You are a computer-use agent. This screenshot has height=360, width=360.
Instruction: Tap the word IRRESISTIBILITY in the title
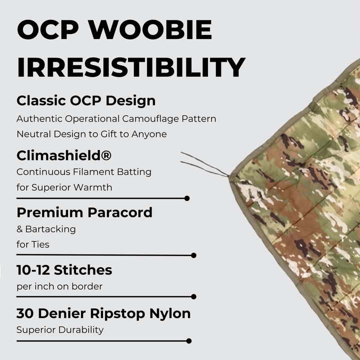pos(131,67)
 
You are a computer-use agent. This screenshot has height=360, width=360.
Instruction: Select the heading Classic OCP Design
pos(86,100)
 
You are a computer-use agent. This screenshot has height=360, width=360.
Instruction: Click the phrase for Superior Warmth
pos(64,187)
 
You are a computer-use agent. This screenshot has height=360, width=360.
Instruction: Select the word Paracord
pos(120,212)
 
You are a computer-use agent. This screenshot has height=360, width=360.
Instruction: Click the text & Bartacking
pos(46,229)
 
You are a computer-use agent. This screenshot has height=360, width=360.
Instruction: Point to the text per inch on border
pos(59,287)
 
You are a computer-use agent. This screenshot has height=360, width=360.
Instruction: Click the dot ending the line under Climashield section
pos(187,198)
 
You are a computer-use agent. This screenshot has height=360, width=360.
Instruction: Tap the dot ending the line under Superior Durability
pos(188,341)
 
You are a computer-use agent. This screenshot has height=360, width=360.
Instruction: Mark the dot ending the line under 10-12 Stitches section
pos(194,296)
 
